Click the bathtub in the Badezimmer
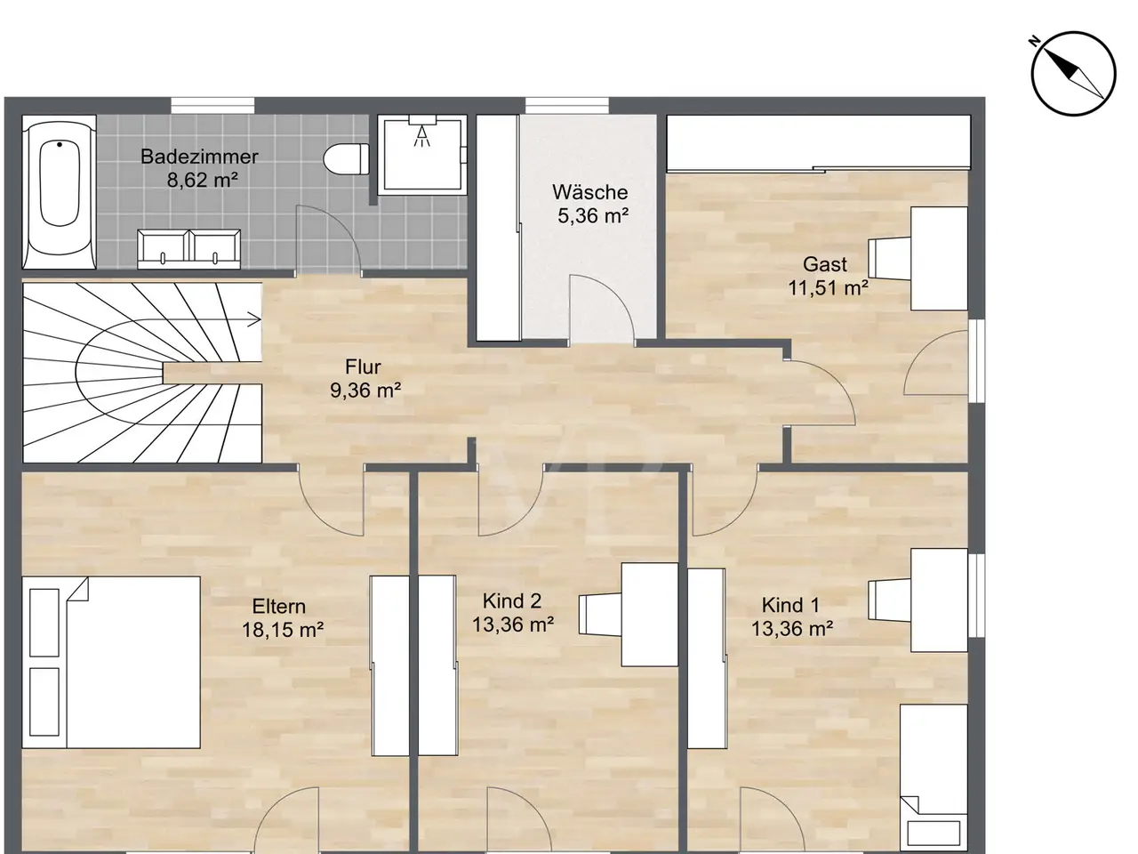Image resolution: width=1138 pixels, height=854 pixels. pos(59,192)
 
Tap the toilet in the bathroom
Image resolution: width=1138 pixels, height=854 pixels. pos(346,159)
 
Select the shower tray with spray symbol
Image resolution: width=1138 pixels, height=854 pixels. pos(421,155)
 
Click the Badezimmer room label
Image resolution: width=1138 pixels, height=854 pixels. pos(199,157)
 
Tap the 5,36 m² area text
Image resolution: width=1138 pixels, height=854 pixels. pos(593,215)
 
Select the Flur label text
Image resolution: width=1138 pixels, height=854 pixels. pos(363,367)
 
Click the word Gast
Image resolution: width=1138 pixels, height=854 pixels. pos(825,264)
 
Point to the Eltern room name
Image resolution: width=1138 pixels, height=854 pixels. pos(279,606)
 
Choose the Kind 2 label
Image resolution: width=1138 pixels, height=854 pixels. pos(512,601)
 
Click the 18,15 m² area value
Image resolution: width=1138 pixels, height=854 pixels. pos(283,630)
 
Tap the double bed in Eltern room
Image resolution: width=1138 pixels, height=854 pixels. pos(111,662)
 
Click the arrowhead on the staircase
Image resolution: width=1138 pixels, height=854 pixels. pos(255,320)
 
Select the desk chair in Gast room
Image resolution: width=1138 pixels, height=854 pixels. pos(890,258)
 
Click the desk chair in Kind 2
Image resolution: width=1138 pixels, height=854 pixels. pos(600,615)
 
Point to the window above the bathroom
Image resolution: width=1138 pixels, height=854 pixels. pos(212,105)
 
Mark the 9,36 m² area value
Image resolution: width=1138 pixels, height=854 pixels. pos(365,391)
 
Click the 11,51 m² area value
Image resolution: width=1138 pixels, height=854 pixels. pos(829,287)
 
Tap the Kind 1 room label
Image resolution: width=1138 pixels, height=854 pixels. pos(790,605)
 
